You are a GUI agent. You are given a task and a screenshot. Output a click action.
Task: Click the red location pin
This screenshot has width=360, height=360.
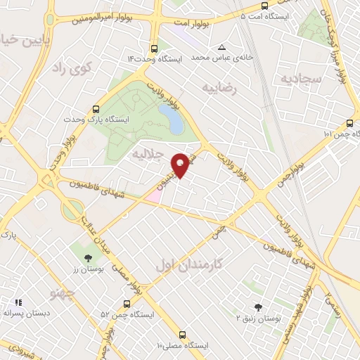tap(181, 164)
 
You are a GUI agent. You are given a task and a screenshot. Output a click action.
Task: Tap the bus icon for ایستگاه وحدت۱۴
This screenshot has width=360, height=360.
tap(154, 49)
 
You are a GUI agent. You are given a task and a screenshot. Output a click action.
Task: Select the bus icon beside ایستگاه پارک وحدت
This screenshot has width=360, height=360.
tap(96, 110)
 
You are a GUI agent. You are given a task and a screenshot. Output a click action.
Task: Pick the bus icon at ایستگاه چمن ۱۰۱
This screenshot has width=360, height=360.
tap(351, 123)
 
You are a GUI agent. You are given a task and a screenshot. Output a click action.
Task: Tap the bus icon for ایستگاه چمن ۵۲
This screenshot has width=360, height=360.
tap(126, 304)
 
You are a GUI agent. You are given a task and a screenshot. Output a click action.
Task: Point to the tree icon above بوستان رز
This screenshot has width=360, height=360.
tap(88, 258)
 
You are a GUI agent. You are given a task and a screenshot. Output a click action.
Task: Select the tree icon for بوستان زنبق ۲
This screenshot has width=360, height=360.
tap(257, 307)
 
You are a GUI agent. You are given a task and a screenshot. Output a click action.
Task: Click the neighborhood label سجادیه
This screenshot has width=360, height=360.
tap(304, 79)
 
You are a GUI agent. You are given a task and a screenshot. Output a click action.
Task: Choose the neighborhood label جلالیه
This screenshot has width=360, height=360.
tap(148, 153)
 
